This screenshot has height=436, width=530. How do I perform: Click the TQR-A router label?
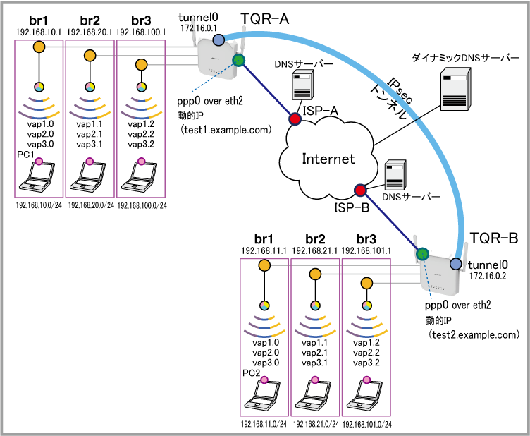[266, 19]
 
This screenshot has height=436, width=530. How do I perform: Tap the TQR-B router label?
[494, 239]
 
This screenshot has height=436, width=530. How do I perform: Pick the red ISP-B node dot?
[360, 190]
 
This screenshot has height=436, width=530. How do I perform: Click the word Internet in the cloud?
[328, 158]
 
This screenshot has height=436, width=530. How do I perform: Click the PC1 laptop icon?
[39, 178]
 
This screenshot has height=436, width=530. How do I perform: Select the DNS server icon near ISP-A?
[303, 86]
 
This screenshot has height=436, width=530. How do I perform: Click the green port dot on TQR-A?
[238, 61]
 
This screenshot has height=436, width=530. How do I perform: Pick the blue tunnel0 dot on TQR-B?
[457, 264]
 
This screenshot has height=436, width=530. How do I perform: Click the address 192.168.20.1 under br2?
[90, 32]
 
